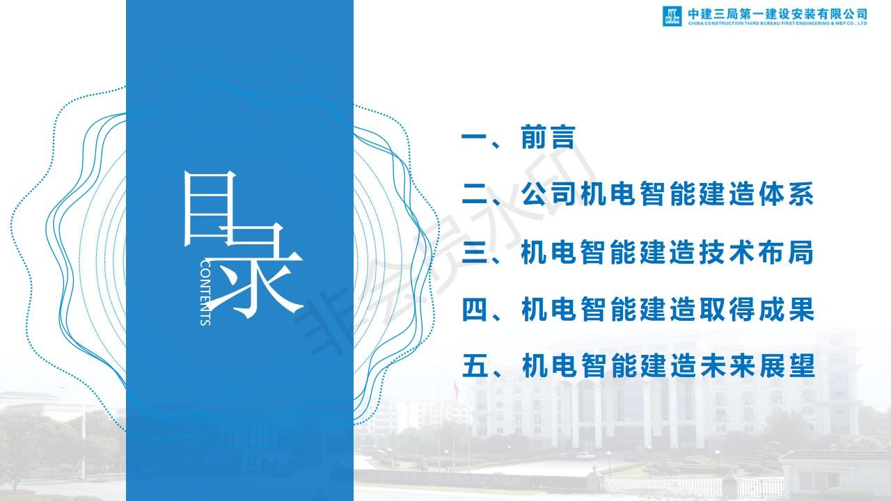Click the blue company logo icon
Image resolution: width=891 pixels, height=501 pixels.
click(x=672, y=16)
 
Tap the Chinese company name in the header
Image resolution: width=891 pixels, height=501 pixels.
click(x=778, y=14)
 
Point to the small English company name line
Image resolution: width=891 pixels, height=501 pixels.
click(x=778, y=24)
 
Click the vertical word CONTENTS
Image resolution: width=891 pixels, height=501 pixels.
click(x=205, y=293)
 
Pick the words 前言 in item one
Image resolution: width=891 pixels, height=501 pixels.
click(x=548, y=137)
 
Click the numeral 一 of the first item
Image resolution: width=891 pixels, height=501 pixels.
click(x=474, y=138)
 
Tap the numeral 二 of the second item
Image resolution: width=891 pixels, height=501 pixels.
click(x=474, y=194)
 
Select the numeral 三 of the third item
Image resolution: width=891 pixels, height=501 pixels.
click(x=474, y=252)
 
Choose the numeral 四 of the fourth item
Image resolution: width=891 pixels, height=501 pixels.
click(x=474, y=310)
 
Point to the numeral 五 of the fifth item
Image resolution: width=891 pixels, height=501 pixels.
click(x=475, y=366)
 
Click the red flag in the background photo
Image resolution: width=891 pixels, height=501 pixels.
click(x=456, y=389)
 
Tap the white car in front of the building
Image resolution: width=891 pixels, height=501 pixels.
click(x=586, y=456)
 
